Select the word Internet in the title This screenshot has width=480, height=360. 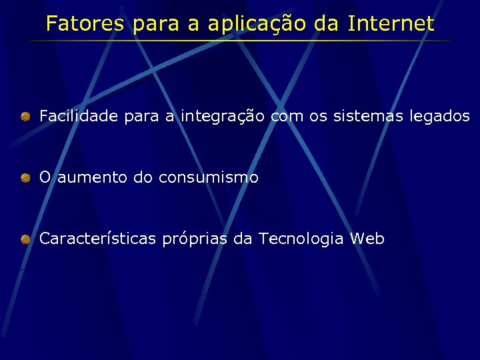(391, 24)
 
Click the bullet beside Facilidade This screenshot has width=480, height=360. (25, 117)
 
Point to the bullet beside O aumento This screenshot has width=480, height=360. (25, 178)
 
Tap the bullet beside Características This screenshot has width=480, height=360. (25, 239)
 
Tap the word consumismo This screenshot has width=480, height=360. (208, 178)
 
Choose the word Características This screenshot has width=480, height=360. (98, 239)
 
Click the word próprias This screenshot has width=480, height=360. (195, 239)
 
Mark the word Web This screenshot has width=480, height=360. (367, 239)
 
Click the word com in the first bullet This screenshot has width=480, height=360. (286, 117)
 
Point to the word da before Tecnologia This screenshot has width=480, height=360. (243, 239)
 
